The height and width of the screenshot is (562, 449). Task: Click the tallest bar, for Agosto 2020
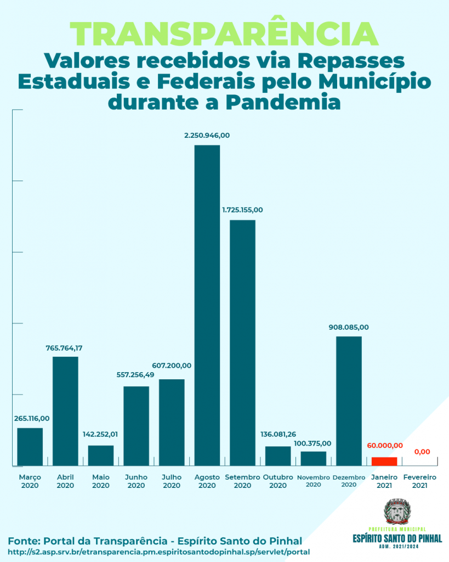[x=207, y=305]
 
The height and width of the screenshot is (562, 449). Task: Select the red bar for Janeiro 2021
[x=384, y=461]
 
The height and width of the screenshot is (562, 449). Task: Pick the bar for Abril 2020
[x=65, y=411]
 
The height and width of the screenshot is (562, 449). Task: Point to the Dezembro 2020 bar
[x=349, y=401]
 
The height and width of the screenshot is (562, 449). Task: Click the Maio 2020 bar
[x=101, y=455]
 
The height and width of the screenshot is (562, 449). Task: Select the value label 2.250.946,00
[x=207, y=135]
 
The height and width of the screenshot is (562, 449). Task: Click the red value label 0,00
[x=422, y=452]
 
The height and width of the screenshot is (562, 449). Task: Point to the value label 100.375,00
[x=312, y=443]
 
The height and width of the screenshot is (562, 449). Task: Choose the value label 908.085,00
[x=349, y=327]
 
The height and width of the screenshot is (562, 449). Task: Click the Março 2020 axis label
[x=30, y=481]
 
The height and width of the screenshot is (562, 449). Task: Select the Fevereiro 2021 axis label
[x=419, y=481]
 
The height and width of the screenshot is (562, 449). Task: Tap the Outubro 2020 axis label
[x=278, y=481]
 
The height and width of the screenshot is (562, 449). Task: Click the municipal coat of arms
[x=396, y=511]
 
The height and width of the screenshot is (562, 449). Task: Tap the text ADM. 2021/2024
[x=397, y=547]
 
